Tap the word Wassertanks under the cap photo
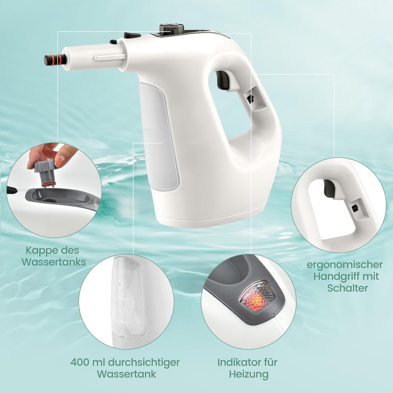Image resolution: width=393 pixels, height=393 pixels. [53, 262]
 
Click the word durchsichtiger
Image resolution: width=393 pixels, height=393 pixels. [144, 363]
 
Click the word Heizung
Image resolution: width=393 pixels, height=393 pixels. [249, 374]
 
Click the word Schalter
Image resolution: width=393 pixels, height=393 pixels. [348, 288]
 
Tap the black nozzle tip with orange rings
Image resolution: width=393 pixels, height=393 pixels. [55, 60]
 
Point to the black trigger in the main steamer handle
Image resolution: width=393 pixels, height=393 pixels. [223, 80]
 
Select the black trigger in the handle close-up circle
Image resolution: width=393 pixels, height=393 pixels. [329, 188]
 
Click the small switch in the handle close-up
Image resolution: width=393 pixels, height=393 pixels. [356, 208]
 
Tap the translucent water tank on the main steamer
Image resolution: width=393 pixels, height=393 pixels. [160, 136]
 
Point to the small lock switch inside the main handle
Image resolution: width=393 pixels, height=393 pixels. [250, 99]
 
